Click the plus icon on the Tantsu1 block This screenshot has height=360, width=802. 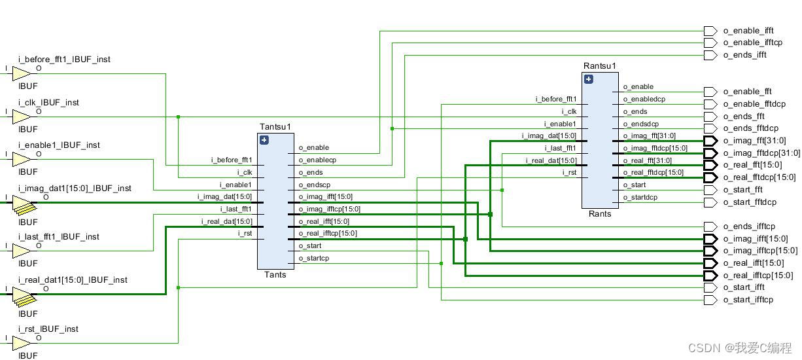click(x=264, y=139)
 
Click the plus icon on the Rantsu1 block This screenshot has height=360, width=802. click(x=589, y=79)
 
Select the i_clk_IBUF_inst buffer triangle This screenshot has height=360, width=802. click(x=21, y=117)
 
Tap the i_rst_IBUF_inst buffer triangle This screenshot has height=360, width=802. click(x=21, y=342)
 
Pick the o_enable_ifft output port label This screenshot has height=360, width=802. click(x=748, y=31)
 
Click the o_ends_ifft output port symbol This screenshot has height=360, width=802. click(x=710, y=56)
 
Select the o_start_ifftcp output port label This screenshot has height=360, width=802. click(x=748, y=300)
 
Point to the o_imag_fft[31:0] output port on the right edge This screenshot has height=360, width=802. click(x=710, y=141)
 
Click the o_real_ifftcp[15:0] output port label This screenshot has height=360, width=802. click(x=758, y=276)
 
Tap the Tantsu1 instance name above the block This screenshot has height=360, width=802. click(x=275, y=127)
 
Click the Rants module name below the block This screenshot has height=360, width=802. click(x=599, y=214)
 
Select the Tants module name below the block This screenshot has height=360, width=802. click(x=275, y=275)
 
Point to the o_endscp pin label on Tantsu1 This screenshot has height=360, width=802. click(x=315, y=185)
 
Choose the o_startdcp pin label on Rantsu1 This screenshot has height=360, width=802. click(x=640, y=197)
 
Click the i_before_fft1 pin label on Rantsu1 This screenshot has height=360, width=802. click(x=555, y=99)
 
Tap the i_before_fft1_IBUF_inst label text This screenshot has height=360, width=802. click(x=64, y=60)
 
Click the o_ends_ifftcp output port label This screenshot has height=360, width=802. click(x=749, y=226)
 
